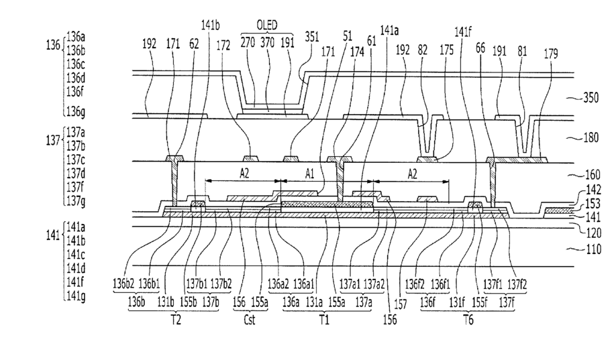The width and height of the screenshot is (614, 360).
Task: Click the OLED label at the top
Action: click(266, 25)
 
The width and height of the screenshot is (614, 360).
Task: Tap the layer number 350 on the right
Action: click(591, 97)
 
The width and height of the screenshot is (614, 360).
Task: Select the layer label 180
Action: click(591, 137)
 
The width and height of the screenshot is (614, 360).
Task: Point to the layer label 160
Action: click(592, 174)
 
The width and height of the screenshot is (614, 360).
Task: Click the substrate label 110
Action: click(593, 249)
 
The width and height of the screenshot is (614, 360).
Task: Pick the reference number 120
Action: click(593, 233)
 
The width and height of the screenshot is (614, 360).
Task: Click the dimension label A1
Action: click(309, 174)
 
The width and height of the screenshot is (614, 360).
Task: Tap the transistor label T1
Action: click(323, 320)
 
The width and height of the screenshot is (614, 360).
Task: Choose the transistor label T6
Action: click(468, 320)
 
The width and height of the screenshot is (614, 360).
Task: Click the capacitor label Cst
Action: click(250, 320)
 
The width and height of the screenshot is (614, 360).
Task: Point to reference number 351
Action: click(312, 37)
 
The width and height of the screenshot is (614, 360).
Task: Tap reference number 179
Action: click(550, 54)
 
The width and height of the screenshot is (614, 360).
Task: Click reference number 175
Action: click(446, 50)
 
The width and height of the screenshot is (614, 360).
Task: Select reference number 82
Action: click(423, 50)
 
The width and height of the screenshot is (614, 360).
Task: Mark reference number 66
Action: click(480, 48)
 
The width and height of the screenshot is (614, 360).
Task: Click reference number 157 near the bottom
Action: click(401, 304)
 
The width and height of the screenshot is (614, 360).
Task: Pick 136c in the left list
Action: click(76, 64)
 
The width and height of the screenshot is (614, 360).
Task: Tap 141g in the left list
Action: click(76, 296)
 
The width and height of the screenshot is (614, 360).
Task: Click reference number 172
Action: click(223, 46)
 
